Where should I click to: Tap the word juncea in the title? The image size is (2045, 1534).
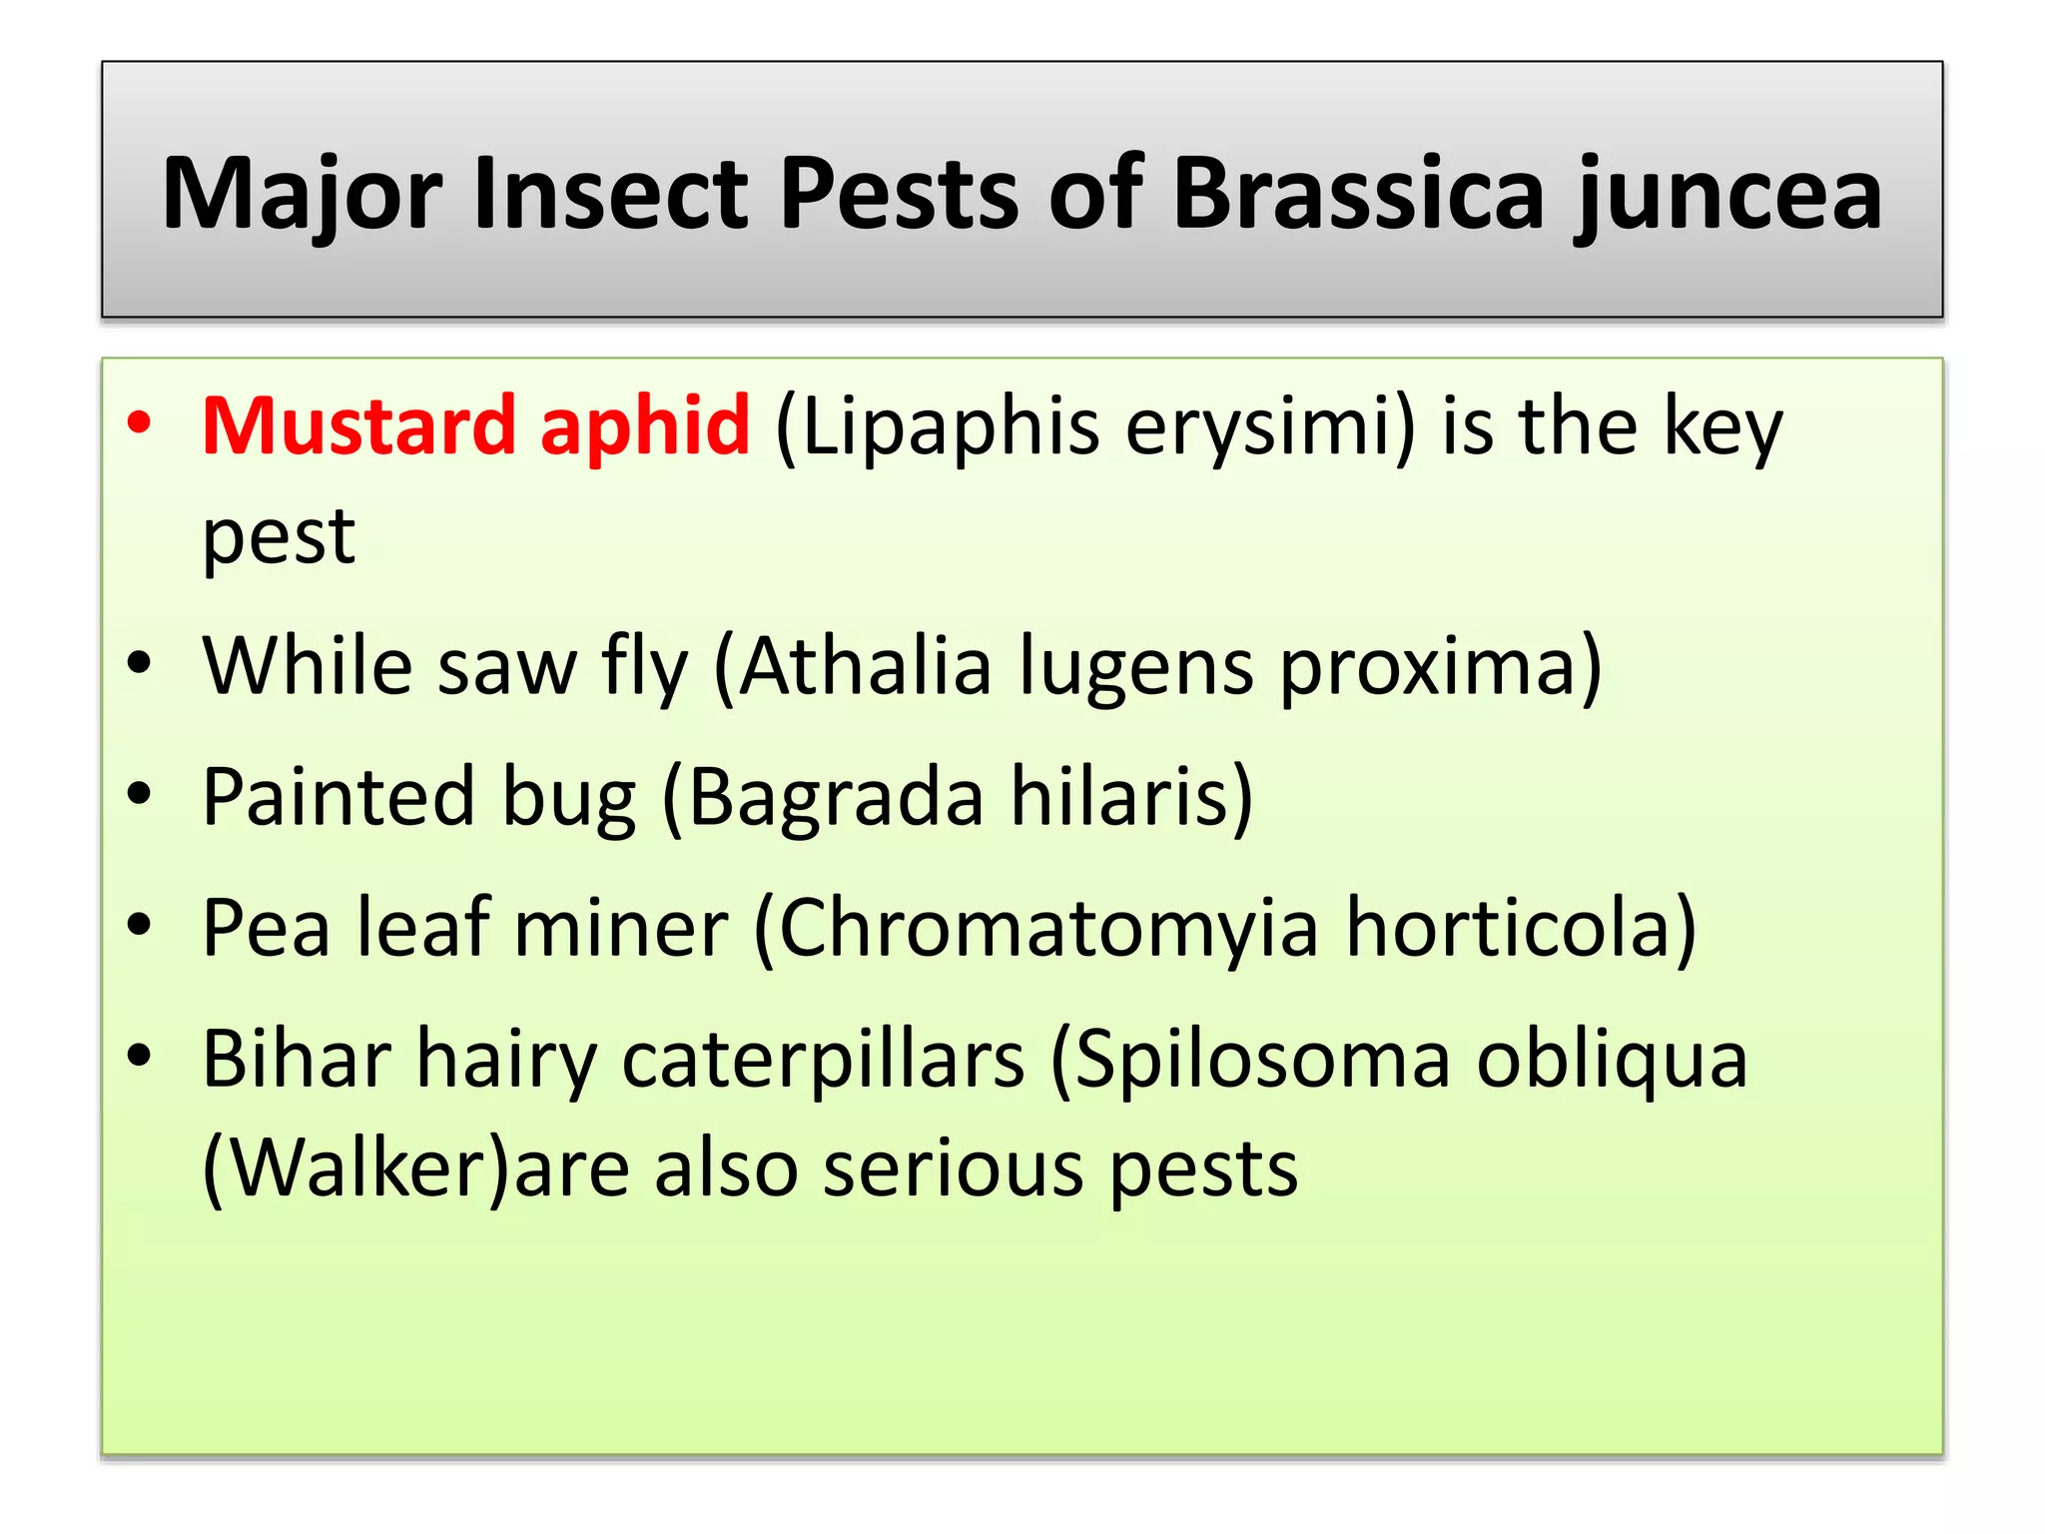pyautogui.click(x=1727, y=197)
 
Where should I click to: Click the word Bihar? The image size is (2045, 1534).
pyautogui.click(x=297, y=1058)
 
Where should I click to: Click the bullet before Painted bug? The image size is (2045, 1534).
pyautogui.click(x=140, y=794)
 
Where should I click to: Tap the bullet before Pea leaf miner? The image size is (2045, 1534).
pyautogui.click(x=140, y=925)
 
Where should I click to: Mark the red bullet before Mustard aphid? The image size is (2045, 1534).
pyautogui.click(x=140, y=422)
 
